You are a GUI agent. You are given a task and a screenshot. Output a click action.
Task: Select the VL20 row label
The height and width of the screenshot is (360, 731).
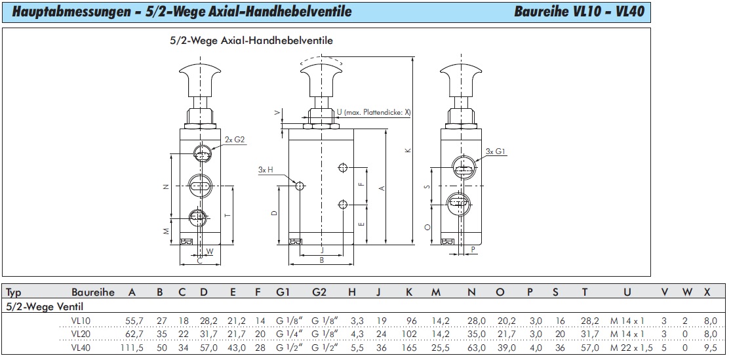click(x=82, y=334)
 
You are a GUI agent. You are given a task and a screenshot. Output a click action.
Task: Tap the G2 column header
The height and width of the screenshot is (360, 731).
click(x=319, y=292)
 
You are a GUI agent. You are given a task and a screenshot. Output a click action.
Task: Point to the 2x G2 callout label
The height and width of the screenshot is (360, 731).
click(x=235, y=140)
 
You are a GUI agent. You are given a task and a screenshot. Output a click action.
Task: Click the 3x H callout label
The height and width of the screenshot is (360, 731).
click(x=266, y=170)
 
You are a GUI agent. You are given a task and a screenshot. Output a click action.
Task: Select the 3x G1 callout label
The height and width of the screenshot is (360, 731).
click(x=496, y=151)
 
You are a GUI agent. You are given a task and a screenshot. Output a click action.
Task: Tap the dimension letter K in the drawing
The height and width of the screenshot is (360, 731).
click(x=407, y=150)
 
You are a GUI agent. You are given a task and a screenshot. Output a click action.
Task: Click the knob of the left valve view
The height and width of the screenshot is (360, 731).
click(x=201, y=77)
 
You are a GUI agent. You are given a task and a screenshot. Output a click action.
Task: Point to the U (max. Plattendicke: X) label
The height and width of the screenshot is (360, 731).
click(x=374, y=112)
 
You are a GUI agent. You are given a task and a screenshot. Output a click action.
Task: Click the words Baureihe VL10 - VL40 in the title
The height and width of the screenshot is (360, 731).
click(x=580, y=12)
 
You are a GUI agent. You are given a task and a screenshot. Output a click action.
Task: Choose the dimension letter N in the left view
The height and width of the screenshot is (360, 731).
click(x=165, y=187)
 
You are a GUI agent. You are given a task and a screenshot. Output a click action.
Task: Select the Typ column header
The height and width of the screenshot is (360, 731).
click(x=14, y=293)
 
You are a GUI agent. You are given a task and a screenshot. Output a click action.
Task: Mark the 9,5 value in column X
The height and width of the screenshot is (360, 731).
click(x=707, y=348)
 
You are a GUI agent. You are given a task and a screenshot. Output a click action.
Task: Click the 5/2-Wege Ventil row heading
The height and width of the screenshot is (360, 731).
click(x=45, y=306)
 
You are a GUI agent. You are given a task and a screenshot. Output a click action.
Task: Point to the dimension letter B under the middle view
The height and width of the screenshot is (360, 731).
click(x=321, y=261)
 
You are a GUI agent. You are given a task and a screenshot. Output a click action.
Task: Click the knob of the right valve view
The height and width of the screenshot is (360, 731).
click(x=462, y=77)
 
